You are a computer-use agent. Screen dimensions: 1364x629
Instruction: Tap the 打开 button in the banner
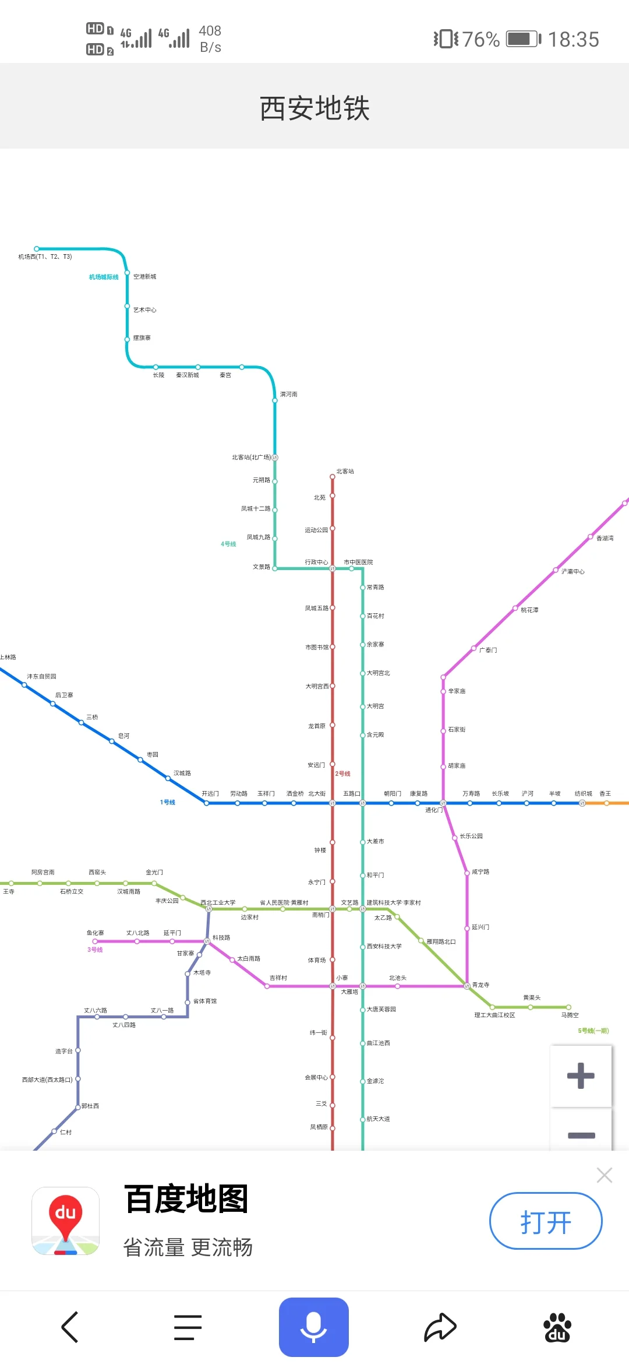(545, 1221)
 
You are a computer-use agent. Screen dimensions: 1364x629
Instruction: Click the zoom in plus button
(581, 1076)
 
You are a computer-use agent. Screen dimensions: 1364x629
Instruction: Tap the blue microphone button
(313, 1327)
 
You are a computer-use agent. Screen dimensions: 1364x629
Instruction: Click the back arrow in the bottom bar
(70, 1327)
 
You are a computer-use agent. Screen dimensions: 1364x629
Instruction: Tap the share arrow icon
(440, 1327)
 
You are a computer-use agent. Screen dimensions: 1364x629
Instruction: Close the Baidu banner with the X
(604, 1175)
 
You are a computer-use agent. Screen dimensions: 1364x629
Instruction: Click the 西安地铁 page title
(314, 108)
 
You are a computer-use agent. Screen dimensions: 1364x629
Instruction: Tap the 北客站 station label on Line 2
(345, 472)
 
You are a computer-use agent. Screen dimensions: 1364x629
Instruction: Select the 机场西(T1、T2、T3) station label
(45, 257)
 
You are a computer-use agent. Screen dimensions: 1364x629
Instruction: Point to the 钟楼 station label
(320, 850)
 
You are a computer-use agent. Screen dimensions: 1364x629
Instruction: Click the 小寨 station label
(342, 978)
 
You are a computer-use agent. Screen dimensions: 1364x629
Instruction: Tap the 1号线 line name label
(168, 803)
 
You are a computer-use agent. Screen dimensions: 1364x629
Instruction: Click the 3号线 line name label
(95, 950)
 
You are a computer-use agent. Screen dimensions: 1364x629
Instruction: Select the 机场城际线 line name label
(104, 277)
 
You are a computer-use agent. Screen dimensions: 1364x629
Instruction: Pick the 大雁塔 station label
(349, 992)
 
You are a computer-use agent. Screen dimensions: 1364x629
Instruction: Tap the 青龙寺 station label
(480, 985)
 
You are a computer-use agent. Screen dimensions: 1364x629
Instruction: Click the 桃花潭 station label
(529, 610)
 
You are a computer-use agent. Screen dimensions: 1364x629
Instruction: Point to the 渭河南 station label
(289, 395)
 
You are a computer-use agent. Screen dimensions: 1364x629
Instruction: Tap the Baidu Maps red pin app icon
(66, 1221)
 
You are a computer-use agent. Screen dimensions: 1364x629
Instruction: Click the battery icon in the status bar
(522, 39)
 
